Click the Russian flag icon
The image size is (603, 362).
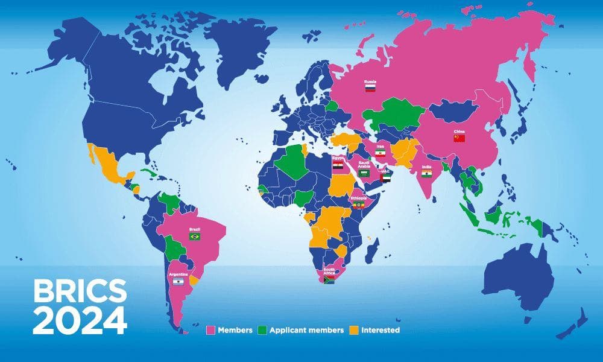370,87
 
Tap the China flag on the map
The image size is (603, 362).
459,138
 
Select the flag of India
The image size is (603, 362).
427,174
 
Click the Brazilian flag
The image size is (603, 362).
195,237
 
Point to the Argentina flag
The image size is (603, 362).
177,282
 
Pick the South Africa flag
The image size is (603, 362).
329,280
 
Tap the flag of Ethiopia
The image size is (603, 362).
358,205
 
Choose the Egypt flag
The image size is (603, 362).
338,164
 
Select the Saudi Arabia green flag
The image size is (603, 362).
364,173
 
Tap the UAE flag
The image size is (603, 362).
385,178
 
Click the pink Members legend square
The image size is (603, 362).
211,330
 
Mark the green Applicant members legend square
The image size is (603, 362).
262,330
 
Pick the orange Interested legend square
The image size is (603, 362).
355,330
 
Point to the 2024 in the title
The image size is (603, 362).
80,320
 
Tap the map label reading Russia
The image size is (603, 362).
370,80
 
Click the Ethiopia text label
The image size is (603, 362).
358,197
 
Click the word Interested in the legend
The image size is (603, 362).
380,330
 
